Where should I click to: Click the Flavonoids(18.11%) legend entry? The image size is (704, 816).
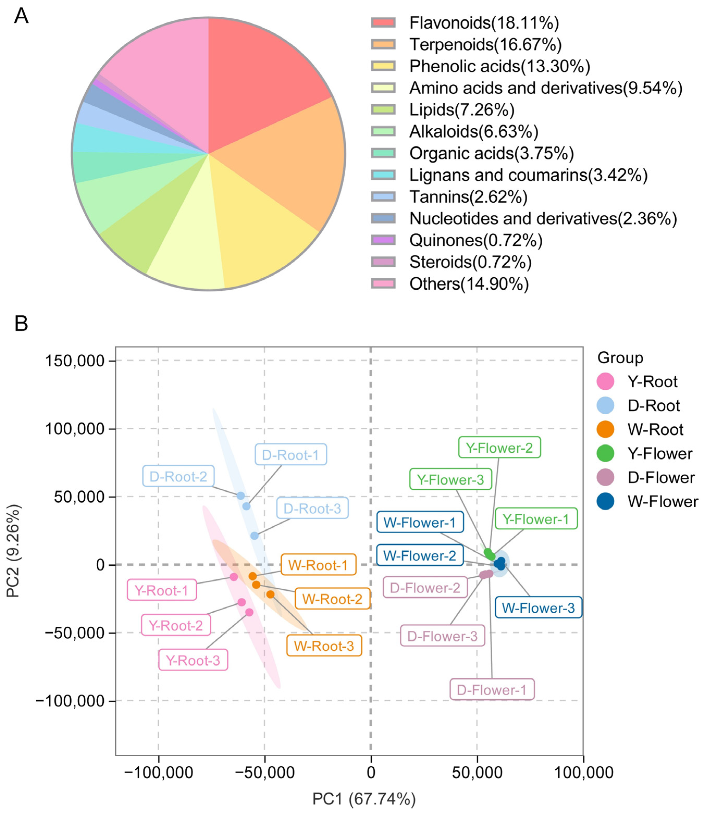483,23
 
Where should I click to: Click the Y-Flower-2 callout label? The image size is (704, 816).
499,448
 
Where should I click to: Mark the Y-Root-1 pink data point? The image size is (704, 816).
234,577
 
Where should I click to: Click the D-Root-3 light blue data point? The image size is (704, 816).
255,535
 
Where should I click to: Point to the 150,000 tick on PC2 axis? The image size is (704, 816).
75,361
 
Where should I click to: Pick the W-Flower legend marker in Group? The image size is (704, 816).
605,501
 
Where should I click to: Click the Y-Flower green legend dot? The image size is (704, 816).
605,453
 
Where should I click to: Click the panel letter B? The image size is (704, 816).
21,324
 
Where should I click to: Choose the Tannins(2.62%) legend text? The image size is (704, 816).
468,197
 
